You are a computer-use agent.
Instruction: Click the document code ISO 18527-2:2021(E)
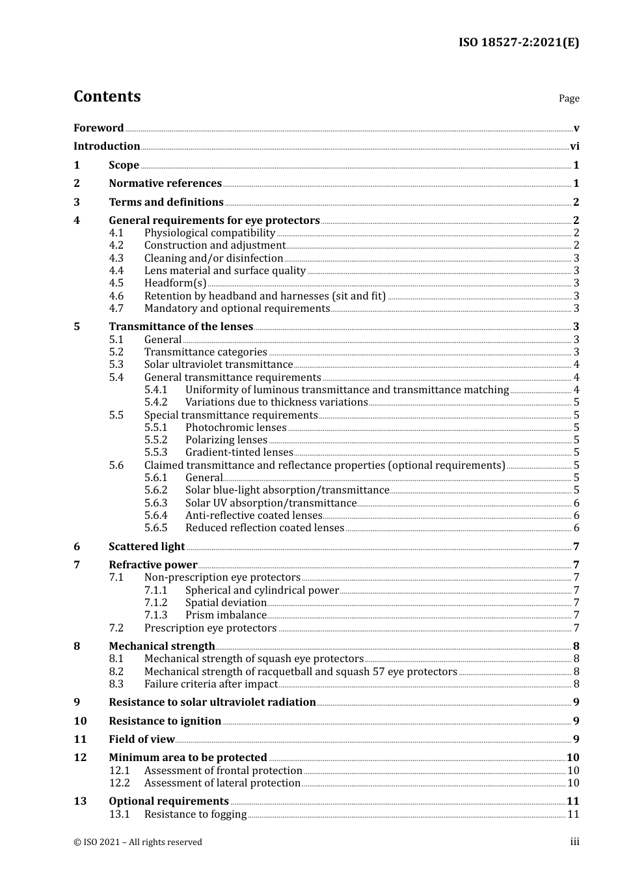click(x=518, y=42)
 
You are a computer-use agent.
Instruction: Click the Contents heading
click(x=107, y=96)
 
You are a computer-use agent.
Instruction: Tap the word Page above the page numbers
click(x=569, y=98)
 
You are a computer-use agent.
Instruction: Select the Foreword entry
click(x=98, y=128)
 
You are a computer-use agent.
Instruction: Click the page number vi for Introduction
click(x=574, y=146)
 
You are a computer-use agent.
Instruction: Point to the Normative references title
click(x=165, y=184)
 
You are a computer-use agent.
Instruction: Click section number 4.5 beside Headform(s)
click(x=116, y=283)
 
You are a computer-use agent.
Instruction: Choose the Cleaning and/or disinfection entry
click(x=213, y=258)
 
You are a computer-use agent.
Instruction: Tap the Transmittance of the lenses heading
click(x=181, y=327)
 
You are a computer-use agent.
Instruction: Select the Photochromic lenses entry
click(x=235, y=428)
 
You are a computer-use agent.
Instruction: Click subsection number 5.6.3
click(x=155, y=503)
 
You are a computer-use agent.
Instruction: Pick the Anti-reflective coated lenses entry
click(x=254, y=516)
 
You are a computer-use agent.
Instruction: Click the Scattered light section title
click(x=146, y=547)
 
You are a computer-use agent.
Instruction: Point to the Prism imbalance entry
click(x=226, y=615)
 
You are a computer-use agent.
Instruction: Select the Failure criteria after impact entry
click(x=211, y=684)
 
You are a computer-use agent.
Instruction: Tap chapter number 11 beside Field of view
click(x=80, y=740)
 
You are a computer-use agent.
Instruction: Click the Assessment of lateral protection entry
click(x=222, y=783)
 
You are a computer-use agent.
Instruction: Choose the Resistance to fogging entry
click(x=195, y=814)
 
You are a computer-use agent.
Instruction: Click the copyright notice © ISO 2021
click(x=138, y=842)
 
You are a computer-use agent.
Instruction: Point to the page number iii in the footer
click(x=574, y=842)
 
